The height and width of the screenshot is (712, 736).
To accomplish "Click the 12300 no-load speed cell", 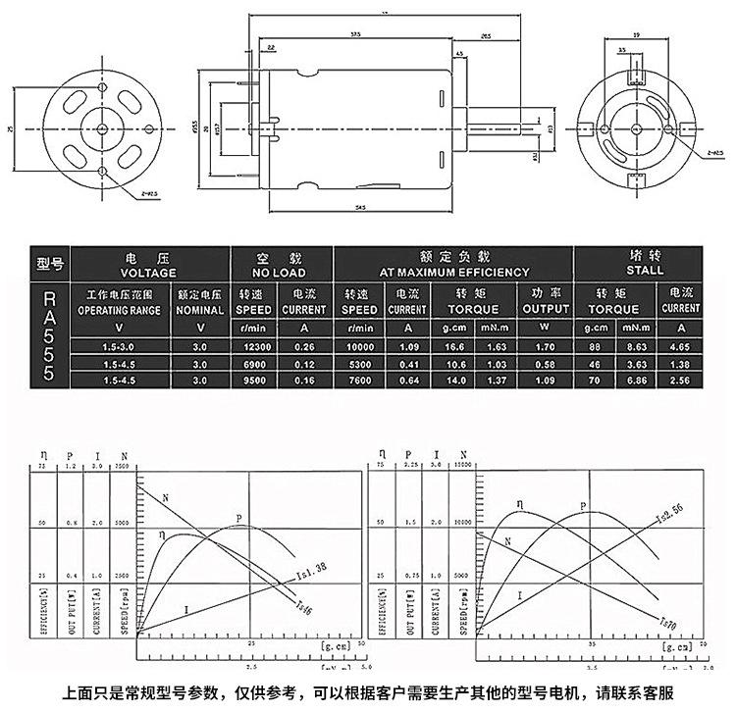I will [252, 346].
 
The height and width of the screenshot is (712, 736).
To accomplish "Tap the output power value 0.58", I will [546, 363].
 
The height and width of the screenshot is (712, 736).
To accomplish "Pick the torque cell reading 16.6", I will [452, 346].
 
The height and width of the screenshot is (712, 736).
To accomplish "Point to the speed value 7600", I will [359, 379].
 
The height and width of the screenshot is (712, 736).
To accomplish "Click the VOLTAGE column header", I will [148, 272].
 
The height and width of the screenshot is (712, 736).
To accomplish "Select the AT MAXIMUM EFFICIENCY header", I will [453, 272].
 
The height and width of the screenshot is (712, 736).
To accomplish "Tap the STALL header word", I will [645, 272].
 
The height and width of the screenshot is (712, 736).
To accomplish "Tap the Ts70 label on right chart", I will [667, 621].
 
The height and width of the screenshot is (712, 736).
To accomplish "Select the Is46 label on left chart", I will [302, 609].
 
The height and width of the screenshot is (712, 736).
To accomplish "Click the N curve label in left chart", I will [165, 498].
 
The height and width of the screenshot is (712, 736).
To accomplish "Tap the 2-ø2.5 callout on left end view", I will [149, 193].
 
